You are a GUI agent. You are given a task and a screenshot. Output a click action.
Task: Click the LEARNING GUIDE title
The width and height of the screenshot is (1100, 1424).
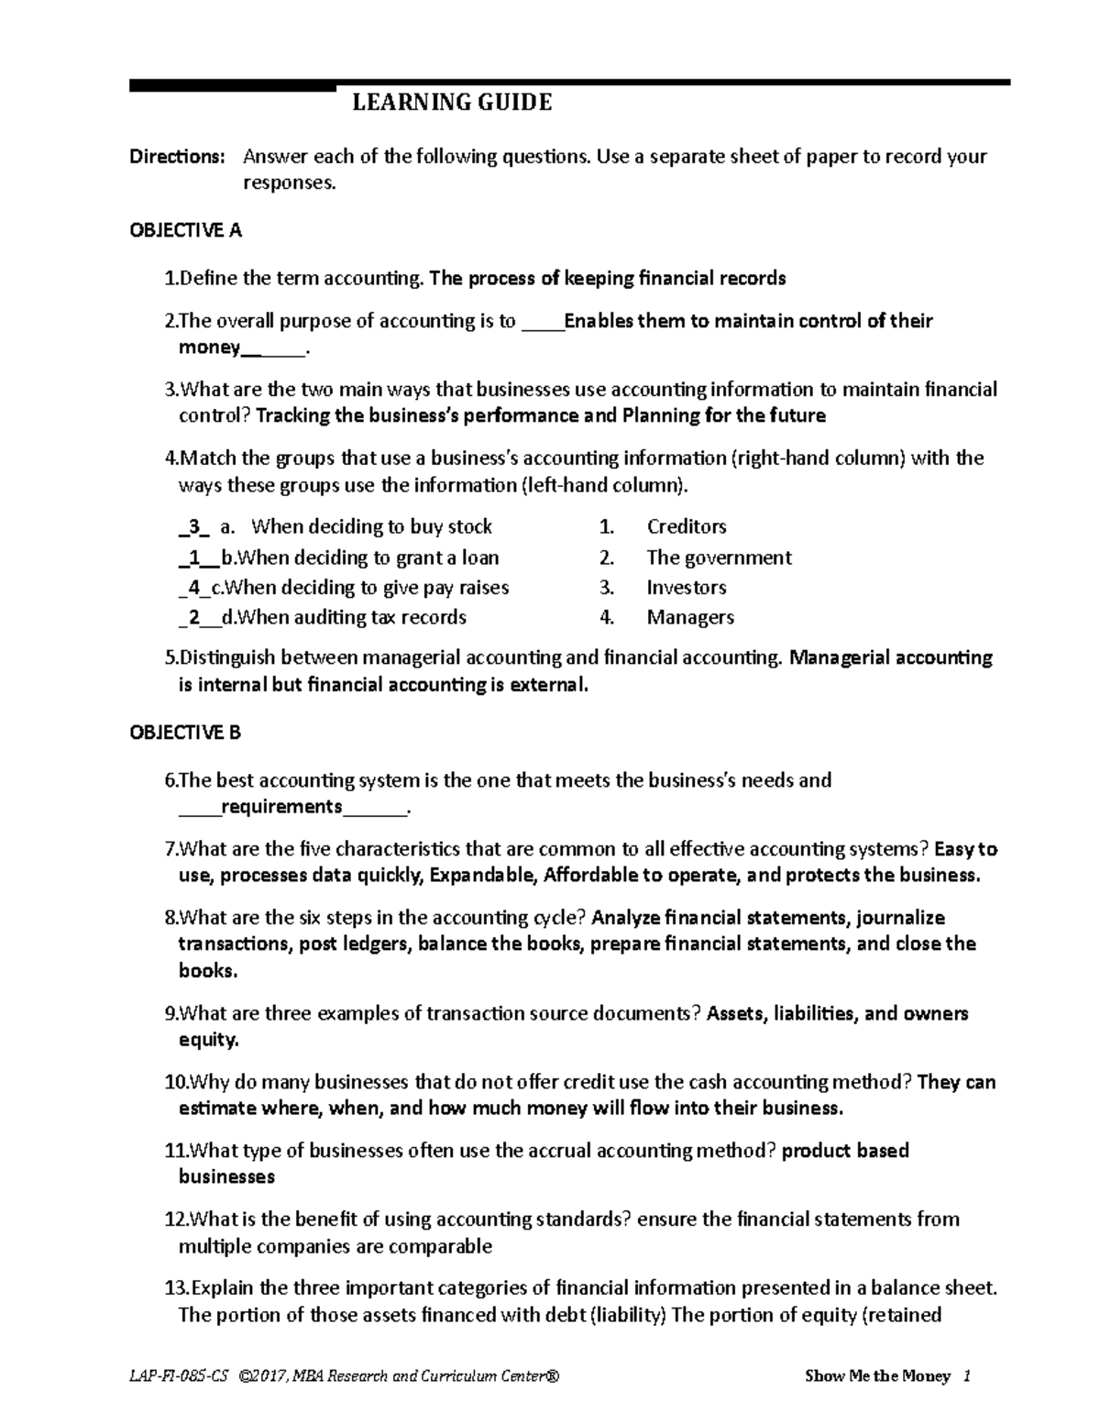[x=452, y=102]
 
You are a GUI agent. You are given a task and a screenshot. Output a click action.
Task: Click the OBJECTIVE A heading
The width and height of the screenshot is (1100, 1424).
[x=185, y=230]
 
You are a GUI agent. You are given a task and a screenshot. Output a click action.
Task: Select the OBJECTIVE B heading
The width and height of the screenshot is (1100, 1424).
[x=185, y=732]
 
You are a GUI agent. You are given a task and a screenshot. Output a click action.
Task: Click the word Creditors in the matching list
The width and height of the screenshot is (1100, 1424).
[x=686, y=526]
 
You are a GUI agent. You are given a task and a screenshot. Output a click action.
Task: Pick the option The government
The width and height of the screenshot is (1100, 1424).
[x=719, y=557]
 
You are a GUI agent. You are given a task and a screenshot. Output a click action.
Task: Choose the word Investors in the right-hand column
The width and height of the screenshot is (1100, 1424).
[x=686, y=587]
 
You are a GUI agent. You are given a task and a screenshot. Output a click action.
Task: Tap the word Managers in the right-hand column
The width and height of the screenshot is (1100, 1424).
[x=690, y=617]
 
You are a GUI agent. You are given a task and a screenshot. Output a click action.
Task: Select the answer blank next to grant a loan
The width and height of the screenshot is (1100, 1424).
[x=193, y=557]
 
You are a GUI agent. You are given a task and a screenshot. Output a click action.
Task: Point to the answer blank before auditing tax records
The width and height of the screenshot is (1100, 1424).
[x=193, y=618]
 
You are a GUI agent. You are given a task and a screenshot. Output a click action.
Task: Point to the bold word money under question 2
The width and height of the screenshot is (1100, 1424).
[x=209, y=348]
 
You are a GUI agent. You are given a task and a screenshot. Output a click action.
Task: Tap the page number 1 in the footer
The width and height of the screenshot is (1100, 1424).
[x=967, y=1376]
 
